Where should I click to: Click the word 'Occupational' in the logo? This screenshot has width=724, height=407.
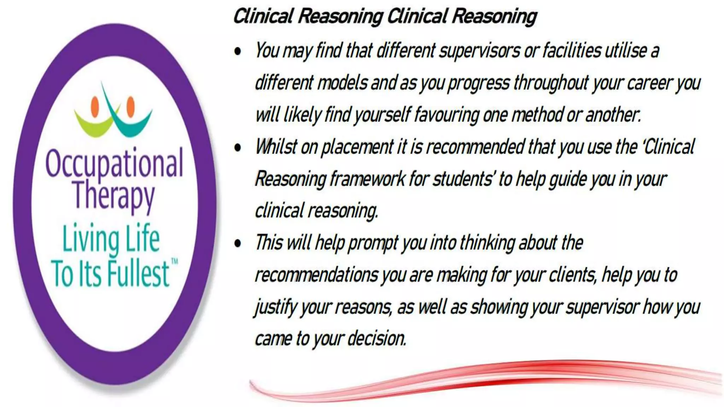click(x=114, y=164)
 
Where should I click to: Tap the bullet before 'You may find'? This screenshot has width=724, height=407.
click(x=238, y=52)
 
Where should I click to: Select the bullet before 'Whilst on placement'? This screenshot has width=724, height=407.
click(x=238, y=148)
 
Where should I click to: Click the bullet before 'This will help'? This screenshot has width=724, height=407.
click(x=238, y=243)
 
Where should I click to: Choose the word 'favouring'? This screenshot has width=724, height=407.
click(x=446, y=115)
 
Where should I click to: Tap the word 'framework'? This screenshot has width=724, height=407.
click(x=367, y=179)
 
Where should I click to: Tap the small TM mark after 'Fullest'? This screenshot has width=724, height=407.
click(x=175, y=261)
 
